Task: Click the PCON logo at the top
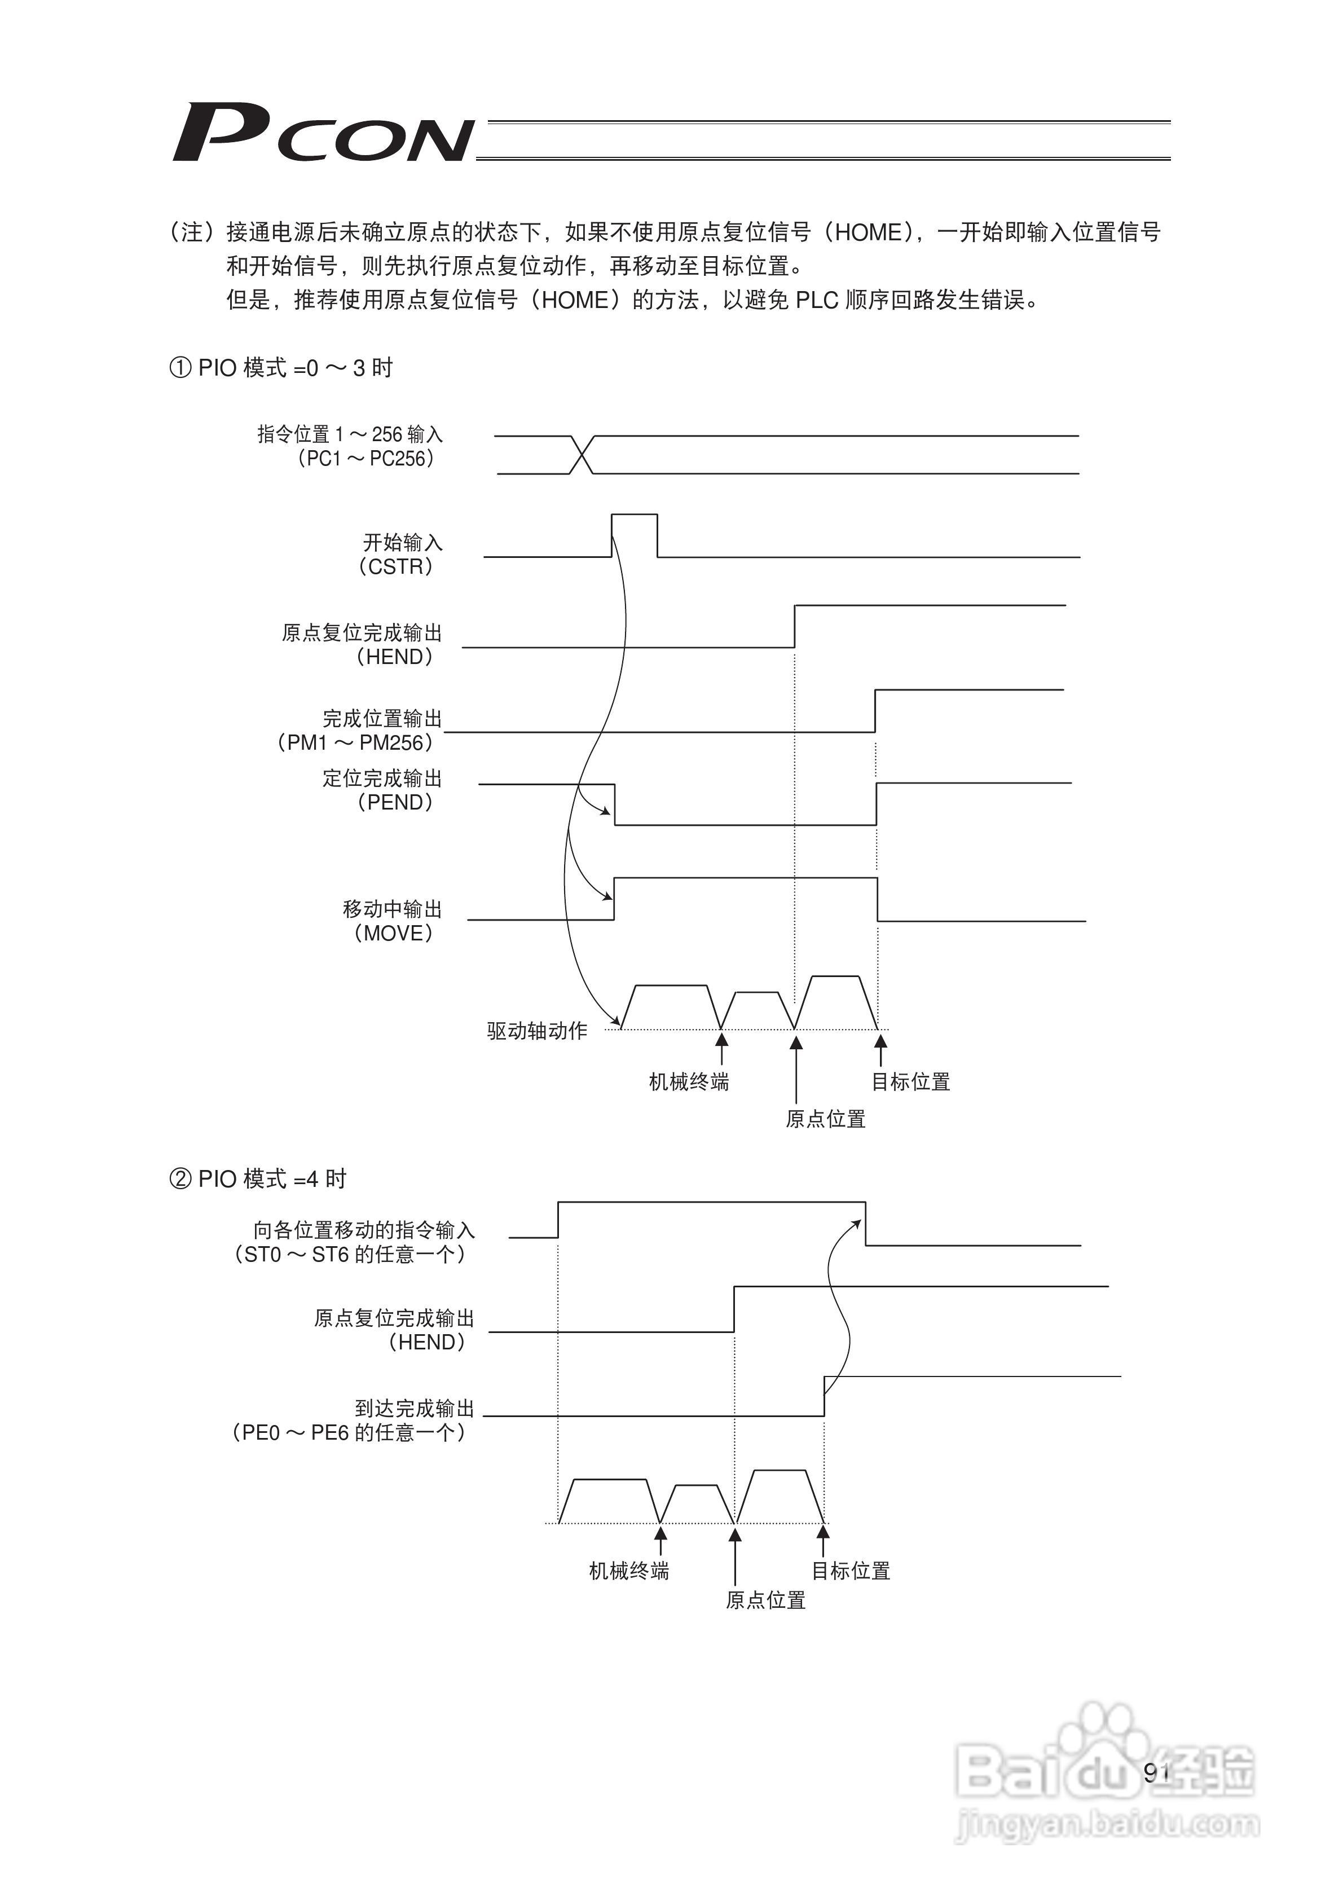coord(323,133)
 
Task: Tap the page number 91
coord(1156,1772)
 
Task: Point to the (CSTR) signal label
coord(395,567)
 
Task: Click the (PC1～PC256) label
coord(365,459)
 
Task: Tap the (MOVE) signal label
coord(393,934)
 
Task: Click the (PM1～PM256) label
coord(354,742)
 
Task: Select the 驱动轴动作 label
coord(537,1030)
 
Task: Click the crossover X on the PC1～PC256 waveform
coord(583,454)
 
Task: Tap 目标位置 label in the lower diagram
coord(850,1571)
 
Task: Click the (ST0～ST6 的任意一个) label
coord(349,1255)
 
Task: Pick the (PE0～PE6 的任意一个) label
coord(349,1432)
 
